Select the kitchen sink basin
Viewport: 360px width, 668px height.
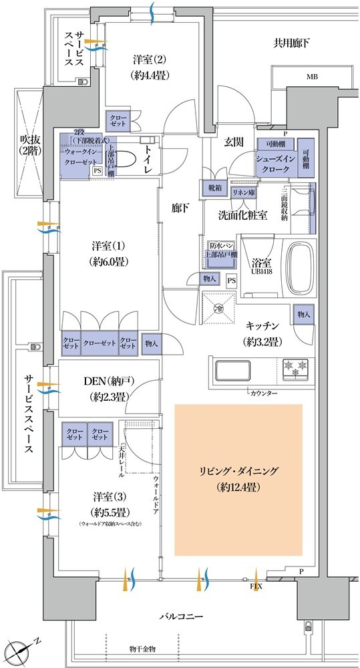click(x=231, y=369)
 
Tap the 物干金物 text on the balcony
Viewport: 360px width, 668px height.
click(x=142, y=649)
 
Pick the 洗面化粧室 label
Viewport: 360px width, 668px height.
click(x=243, y=215)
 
